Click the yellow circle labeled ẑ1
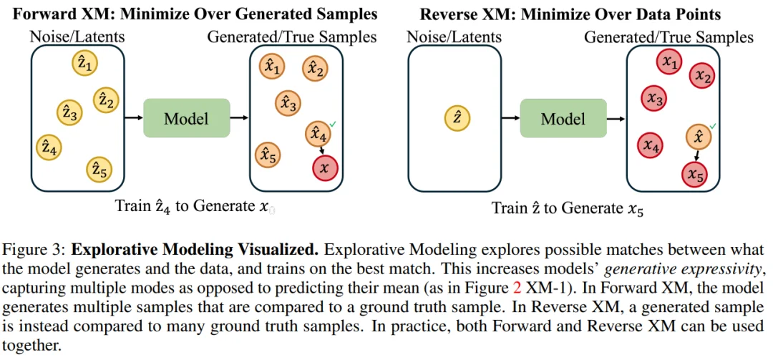(x=84, y=64)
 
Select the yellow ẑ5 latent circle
(x=99, y=170)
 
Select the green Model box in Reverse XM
(x=563, y=118)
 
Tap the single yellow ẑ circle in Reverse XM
(x=457, y=119)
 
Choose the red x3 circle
(x=654, y=98)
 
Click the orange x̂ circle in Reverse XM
(x=699, y=137)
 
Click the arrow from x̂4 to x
(x=321, y=150)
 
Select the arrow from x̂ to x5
(x=696, y=156)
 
